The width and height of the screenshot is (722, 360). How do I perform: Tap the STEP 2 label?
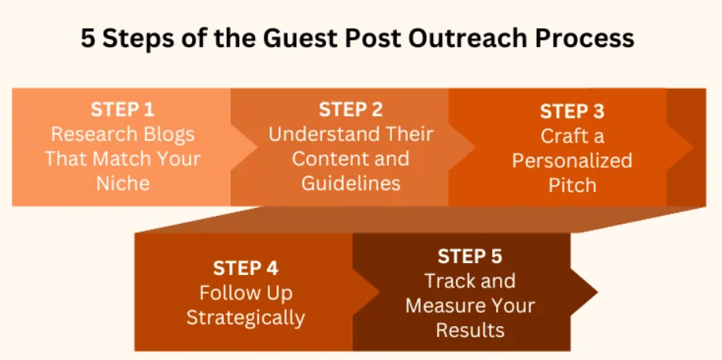coord(350,109)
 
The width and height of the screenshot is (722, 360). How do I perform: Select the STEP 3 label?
coord(572,111)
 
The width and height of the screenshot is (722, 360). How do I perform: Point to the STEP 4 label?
coord(245,269)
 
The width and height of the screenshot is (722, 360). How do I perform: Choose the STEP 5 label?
coord(469,256)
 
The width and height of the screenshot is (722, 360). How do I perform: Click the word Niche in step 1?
coord(122,183)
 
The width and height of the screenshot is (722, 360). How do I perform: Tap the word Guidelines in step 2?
coord(350,183)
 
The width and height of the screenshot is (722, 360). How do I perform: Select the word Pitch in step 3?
coord(572,185)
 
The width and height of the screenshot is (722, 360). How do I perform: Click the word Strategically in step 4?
coord(245,317)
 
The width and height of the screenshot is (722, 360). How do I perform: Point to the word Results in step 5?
coord(470,329)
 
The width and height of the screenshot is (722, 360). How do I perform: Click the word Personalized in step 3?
coord(572,161)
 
